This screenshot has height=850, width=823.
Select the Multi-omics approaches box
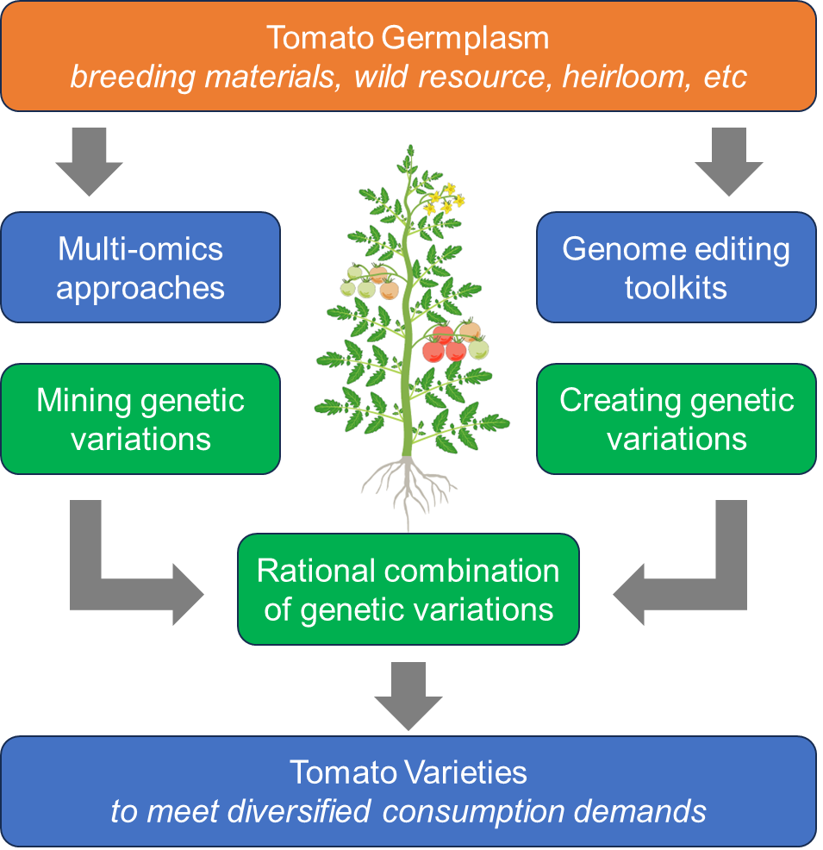click(140, 267)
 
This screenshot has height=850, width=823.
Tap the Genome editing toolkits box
click(676, 267)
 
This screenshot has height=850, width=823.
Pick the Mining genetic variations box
click(140, 419)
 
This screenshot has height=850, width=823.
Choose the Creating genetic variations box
click(676, 419)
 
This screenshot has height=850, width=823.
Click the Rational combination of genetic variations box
click(408, 590)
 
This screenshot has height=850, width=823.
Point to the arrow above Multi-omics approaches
click(88, 159)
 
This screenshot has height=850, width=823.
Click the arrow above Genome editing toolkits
click(729, 159)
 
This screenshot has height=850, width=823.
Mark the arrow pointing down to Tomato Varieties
click(408, 694)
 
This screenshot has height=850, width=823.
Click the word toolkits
click(676, 286)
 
